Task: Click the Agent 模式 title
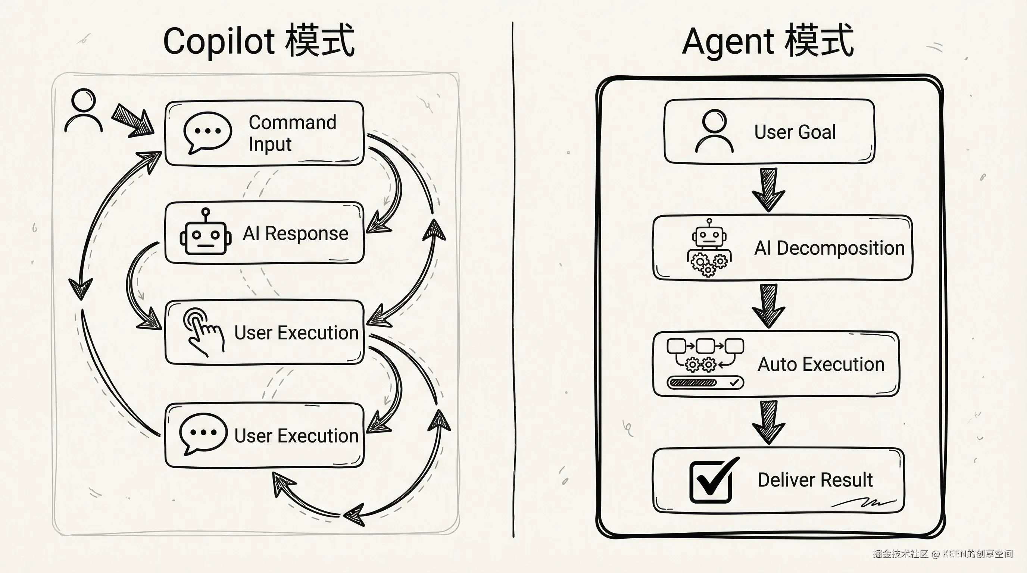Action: (768, 41)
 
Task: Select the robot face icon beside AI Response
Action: (205, 233)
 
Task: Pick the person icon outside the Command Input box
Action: (83, 110)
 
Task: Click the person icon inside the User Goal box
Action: (714, 131)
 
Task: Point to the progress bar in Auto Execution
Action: (705, 382)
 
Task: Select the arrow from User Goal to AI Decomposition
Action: (768, 189)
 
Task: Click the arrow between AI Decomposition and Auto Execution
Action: (768, 306)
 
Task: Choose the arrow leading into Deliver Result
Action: (768, 422)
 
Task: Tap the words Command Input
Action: (292, 133)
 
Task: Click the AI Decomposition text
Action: (829, 248)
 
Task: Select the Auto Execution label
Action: (821, 364)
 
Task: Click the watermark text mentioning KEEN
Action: (943, 554)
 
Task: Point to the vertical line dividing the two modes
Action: (513, 279)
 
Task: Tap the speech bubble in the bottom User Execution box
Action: (203, 433)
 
